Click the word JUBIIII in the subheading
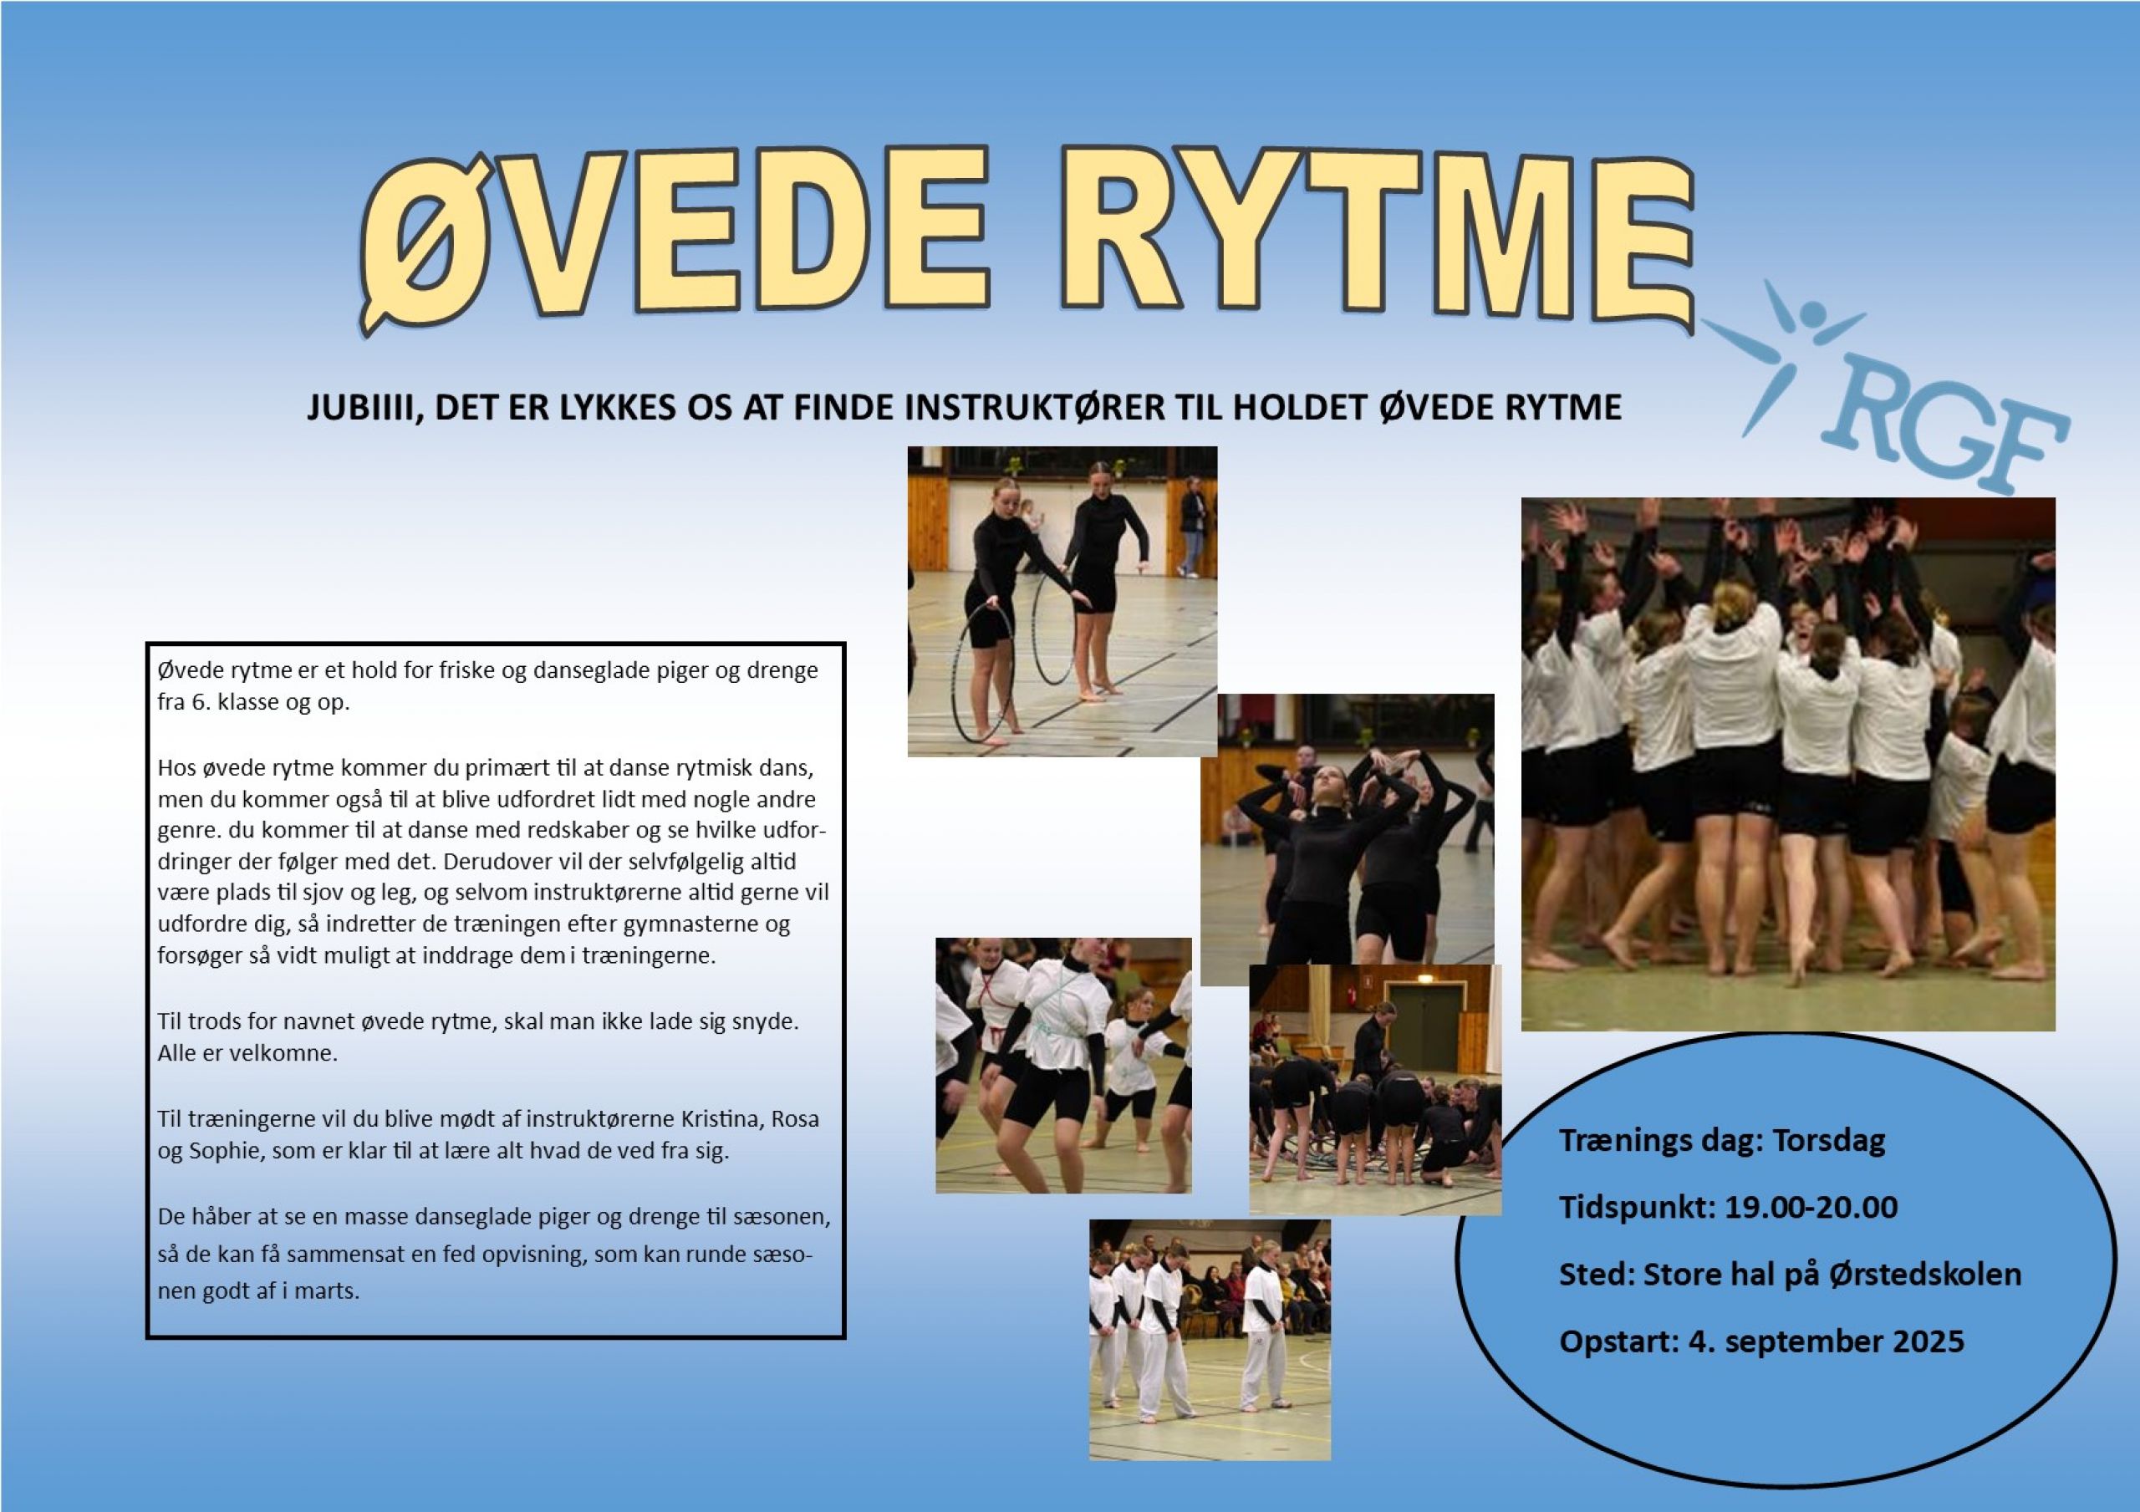click(359, 407)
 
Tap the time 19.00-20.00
click(1811, 1208)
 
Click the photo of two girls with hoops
click(1062, 601)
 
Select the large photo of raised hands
click(1789, 765)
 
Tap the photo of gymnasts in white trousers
click(1210, 1340)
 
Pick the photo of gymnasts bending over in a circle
click(1375, 1090)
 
